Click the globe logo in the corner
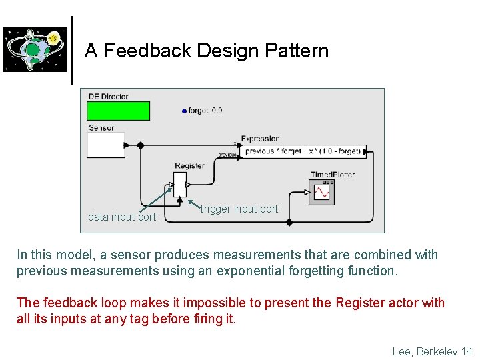pyautogui.click(x=35, y=49)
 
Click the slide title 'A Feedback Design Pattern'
pyautogui.click(x=207, y=51)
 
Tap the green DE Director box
pyautogui.click(x=118, y=111)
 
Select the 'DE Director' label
pyautogui.click(x=108, y=97)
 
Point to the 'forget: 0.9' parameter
pyautogui.click(x=203, y=111)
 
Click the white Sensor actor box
pyautogui.click(x=105, y=145)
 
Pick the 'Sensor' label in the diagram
pyautogui.click(x=101, y=128)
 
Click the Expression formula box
pyautogui.click(x=303, y=151)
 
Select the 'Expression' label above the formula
pyautogui.click(x=260, y=139)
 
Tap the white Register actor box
pyautogui.click(x=179, y=181)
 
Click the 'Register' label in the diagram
pyautogui.click(x=189, y=166)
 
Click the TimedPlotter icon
pyautogui.click(x=322, y=192)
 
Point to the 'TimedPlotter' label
pyautogui.click(x=332, y=175)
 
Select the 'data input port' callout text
pyautogui.click(x=122, y=217)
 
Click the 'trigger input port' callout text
pyautogui.click(x=239, y=209)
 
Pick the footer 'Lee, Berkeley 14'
pyautogui.click(x=432, y=351)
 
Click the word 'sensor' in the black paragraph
pyautogui.click(x=115, y=255)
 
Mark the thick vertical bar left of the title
pyautogui.click(x=72, y=51)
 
